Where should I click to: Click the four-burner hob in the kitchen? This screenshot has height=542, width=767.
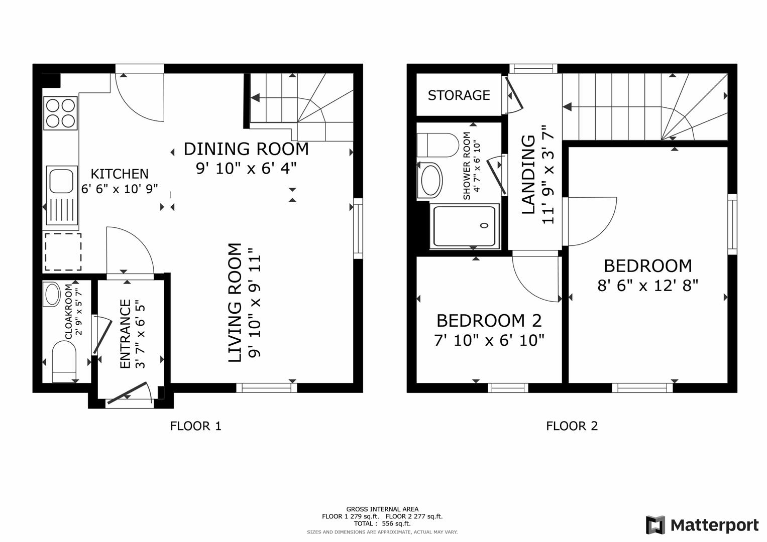pyautogui.click(x=60, y=113)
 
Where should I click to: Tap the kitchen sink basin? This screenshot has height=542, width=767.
pyautogui.click(x=61, y=180)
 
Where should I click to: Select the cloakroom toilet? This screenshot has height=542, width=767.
pyautogui.click(x=64, y=360)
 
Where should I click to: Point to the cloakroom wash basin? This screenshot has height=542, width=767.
pyautogui.click(x=52, y=295)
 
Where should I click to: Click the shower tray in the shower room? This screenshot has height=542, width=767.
pyautogui.click(x=465, y=226)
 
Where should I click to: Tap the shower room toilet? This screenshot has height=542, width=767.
pyautogui.click(x=437, y=145)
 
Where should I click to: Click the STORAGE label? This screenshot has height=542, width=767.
pyautogui.click(x=459, y=95)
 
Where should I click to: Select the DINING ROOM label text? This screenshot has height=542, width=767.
pyautogui.click(x=246, y=149)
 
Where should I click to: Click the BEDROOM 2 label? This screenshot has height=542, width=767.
pyautogui.click(x=489, y=320)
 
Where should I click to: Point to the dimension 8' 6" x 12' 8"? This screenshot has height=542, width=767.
pyautogui.click(x=647, y=286)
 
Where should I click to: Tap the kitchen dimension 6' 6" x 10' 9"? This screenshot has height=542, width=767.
pyautogui.click(x=120, y=189)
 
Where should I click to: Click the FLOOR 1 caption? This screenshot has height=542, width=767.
pyautogui.click(x=195, y=426)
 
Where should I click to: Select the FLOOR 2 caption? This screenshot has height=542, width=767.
pyautogui.click(x=572, y=426)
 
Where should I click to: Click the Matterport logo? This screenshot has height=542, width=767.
pyautogui.click(x=702, y=525)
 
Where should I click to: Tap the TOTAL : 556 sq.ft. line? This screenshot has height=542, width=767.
pyautogui.click(x=382, y=523)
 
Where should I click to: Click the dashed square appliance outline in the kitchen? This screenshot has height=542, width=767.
pyautogui.click(x=63, y=252)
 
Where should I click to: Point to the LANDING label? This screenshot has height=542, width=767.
pyautogui.click(x=528, y=175)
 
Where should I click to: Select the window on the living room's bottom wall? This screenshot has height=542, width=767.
pyautogui.click(x=266, y=387)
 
